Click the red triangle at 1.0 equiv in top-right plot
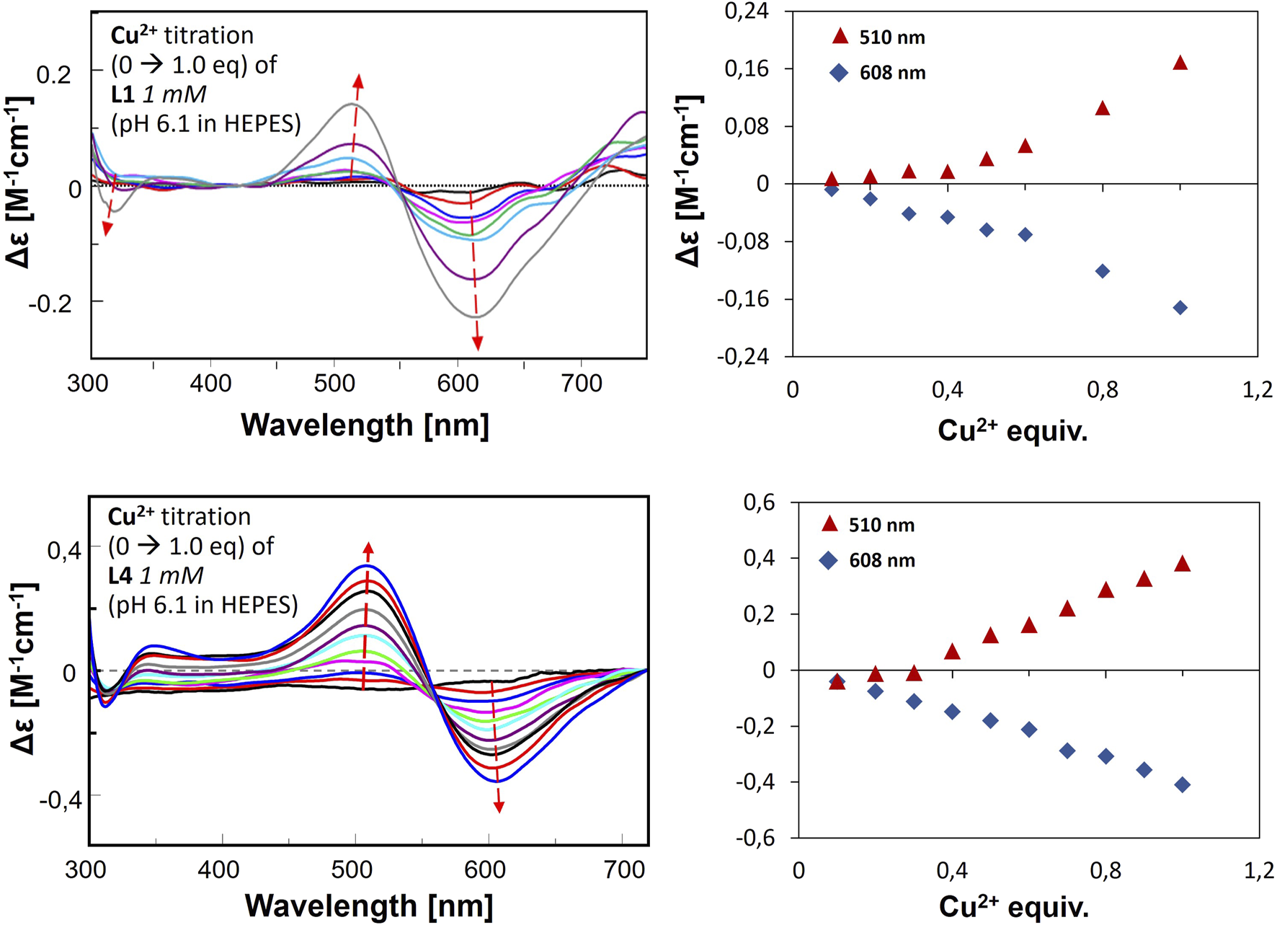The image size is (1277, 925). pos(1180,63)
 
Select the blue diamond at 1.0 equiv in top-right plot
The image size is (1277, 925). pos(1180,308)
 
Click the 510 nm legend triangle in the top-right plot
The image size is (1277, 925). pos(840,37)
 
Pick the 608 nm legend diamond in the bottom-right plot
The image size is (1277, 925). pos(829,560)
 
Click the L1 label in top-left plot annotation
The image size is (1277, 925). pos(123,94)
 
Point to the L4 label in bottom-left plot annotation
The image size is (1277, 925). pos(120,575)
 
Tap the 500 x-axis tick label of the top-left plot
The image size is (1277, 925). pos(334,383)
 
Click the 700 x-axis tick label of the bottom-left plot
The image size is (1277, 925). pos(625,869)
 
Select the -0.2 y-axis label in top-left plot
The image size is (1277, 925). pos(50,304)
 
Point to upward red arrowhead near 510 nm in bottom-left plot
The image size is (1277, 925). pos(368,549)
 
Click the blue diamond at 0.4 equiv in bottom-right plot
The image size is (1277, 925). pos(952,712)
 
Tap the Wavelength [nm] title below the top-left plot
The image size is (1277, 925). pos(365,425)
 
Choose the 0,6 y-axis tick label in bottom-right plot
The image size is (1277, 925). pos(759,503)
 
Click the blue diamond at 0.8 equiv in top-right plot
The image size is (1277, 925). pos(1102,271)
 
